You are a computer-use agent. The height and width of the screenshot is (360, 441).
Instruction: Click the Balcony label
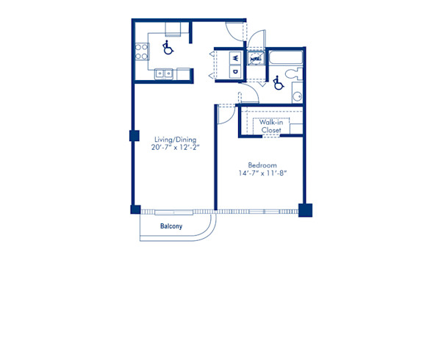pyautogui.click(x=171, y=226)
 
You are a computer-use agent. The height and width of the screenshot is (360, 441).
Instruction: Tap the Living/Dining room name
pyautogui.click(x=174, y=139)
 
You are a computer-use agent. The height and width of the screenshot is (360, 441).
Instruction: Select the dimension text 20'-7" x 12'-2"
pyautogui.click(x=174, y=148)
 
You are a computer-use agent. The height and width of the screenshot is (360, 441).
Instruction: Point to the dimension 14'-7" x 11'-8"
pyautogui.click(x=261, y=173)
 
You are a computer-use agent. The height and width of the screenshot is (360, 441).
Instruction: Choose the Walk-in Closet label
pyautogui.click(x=271, y=126)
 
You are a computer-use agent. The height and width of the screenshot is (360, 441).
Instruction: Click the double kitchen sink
pyautogui.click(x=164, y=73)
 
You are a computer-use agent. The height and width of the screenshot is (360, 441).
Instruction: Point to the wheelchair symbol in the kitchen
pyautogui.click(x=167, y=48)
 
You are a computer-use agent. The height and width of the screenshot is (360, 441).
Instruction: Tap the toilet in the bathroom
pyautogui.click(x=292, y=74)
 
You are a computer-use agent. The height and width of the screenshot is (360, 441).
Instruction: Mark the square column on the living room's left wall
pyautogui.click(x=134, y=136)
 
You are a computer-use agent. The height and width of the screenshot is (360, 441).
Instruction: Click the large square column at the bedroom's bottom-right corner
pyautogui.click(x=305, y=210)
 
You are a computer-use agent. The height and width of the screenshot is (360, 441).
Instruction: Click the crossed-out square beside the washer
pyautogui.click(x=255, y=58)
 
